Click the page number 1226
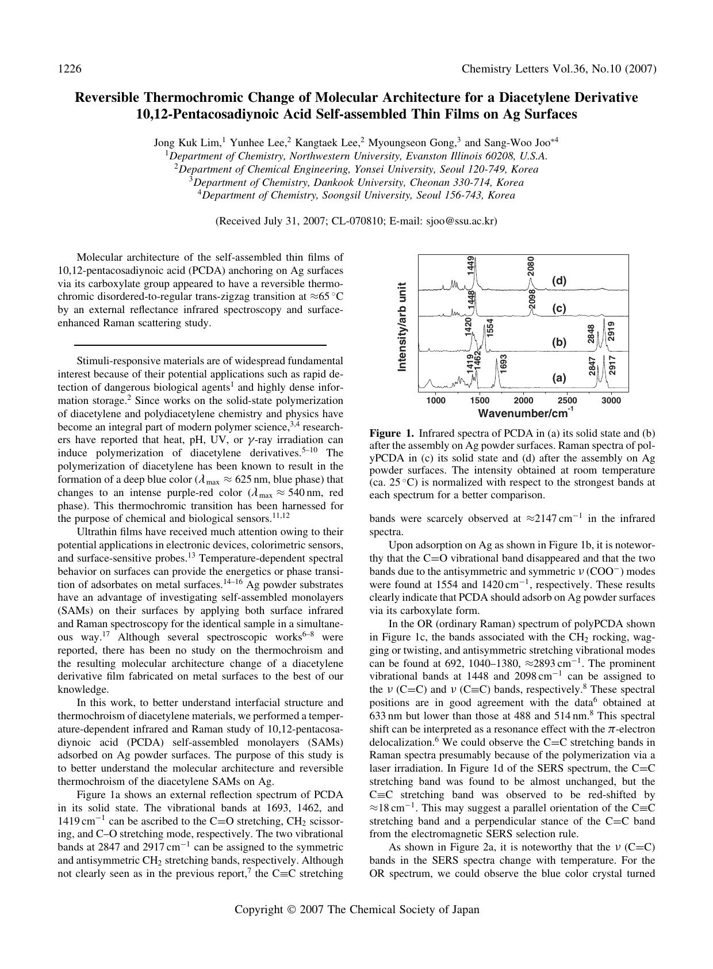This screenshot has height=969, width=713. [x=69, y=69]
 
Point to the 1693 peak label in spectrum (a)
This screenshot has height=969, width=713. [x=503, y=364]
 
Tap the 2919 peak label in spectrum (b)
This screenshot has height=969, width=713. [x=611, y=331]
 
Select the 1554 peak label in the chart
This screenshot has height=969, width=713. [x=490, y=328]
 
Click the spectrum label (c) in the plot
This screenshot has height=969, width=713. [x=559, y=308]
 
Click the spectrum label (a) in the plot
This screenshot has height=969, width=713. [x=559, y=378]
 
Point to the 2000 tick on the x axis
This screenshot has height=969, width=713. [x=523, y=400]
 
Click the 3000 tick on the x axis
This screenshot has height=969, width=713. [x=611, y=400]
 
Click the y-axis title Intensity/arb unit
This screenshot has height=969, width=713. [x=402, y=326]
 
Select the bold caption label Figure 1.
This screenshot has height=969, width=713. [x=392, y=433]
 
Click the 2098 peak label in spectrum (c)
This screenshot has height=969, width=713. [x=532, y=299]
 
